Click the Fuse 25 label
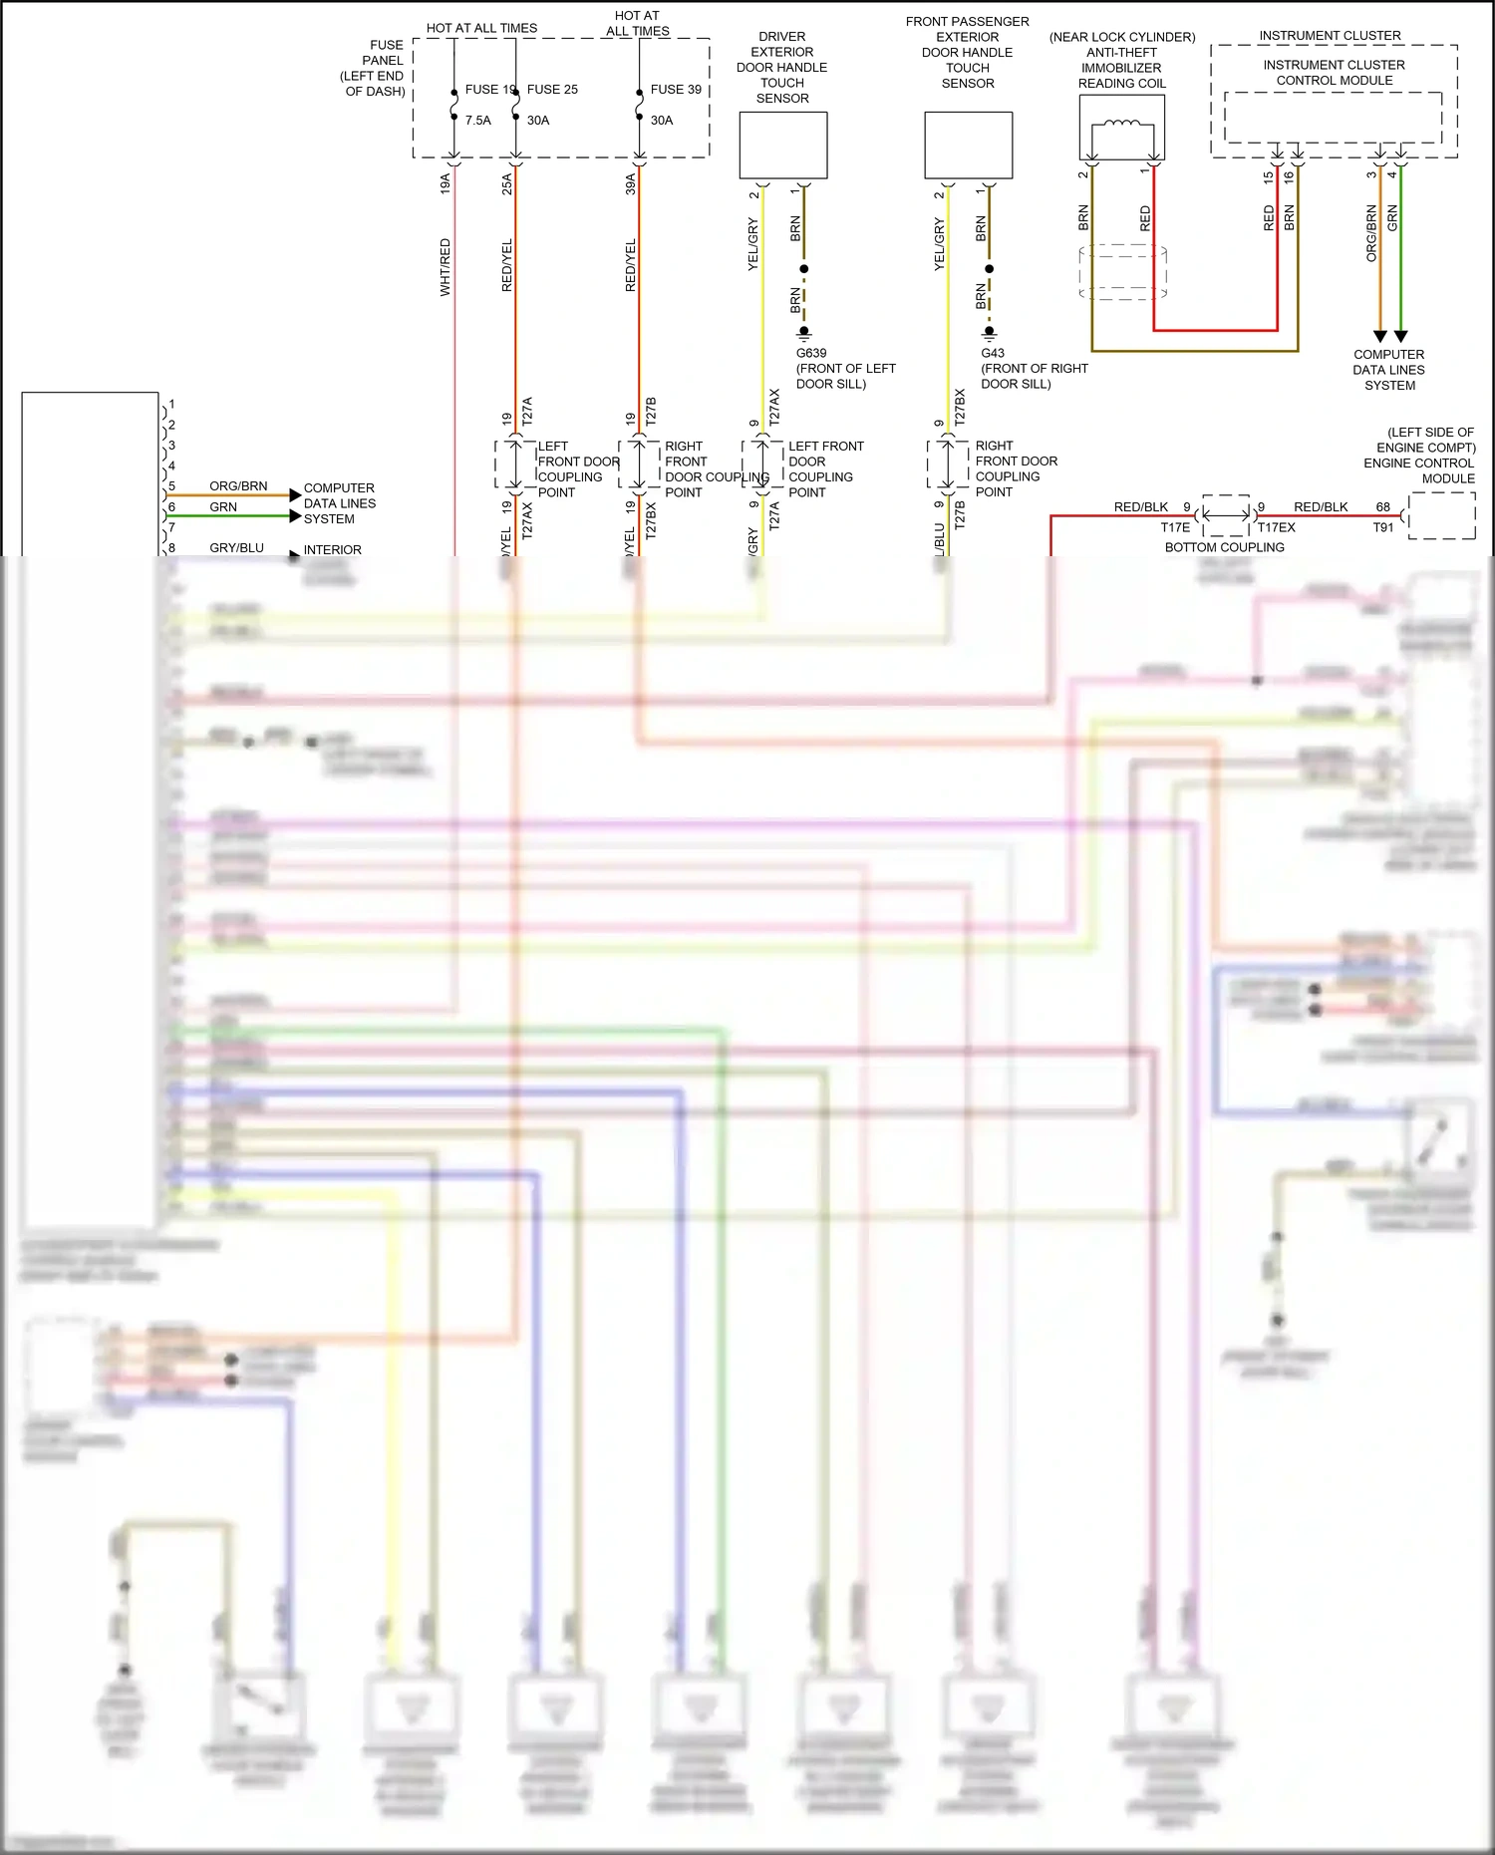(552, 89)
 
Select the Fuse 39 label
(676, 89)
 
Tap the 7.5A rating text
(478, 120)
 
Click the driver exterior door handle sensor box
(782, 146)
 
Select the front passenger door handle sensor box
(968, 146)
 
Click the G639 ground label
(811, 353)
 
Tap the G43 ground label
(993, 353)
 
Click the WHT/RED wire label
(446, 267)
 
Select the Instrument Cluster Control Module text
(1334, 72)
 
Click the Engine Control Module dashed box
(1441, 516)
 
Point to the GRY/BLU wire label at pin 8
(236, 547)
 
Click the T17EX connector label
(1276, 527)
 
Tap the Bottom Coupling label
(1224, 547)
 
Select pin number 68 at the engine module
(1382, 506)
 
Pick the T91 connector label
(1382, 527)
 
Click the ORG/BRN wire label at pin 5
(238, 485)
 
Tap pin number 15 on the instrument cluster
(1269, 177)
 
